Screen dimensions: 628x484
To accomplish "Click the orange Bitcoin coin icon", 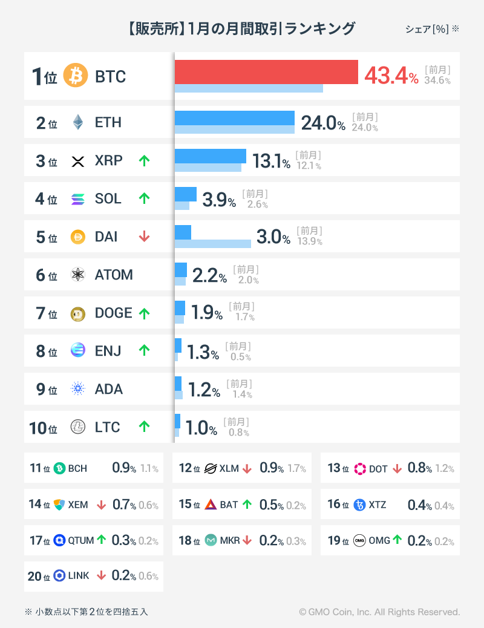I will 76,76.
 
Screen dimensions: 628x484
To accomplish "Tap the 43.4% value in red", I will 391,76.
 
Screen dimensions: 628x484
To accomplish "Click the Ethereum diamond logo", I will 77,122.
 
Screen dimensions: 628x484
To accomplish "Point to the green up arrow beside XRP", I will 144,161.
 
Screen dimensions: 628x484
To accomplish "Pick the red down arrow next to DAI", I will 144,237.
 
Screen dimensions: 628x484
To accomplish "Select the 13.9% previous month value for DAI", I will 309,241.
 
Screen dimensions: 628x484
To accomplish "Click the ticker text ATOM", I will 114,275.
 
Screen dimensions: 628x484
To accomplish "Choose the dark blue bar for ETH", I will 234,118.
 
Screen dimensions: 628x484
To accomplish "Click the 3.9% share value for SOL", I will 218,200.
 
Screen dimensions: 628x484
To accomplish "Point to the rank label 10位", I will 43,428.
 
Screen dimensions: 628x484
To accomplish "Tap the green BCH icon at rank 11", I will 59,468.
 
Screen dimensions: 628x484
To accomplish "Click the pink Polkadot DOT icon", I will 360,468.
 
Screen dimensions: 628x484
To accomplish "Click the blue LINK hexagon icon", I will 59,575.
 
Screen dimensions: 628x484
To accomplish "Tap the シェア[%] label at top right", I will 427,29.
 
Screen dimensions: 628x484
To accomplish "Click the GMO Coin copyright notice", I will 379,612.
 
